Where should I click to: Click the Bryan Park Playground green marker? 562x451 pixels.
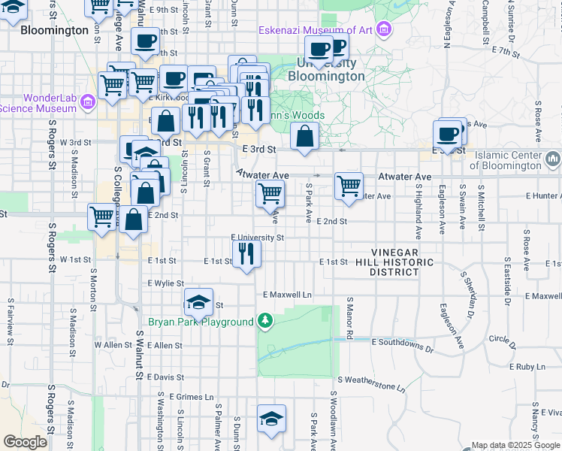264,322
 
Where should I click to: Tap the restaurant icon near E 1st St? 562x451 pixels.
246,253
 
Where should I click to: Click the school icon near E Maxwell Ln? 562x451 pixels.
198,302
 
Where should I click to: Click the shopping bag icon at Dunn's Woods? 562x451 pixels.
304,137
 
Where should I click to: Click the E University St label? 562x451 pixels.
258,238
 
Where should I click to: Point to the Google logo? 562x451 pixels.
25,442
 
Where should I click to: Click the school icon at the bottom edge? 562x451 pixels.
271,419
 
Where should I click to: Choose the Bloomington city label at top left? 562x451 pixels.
55,31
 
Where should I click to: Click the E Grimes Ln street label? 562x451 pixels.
192,397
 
